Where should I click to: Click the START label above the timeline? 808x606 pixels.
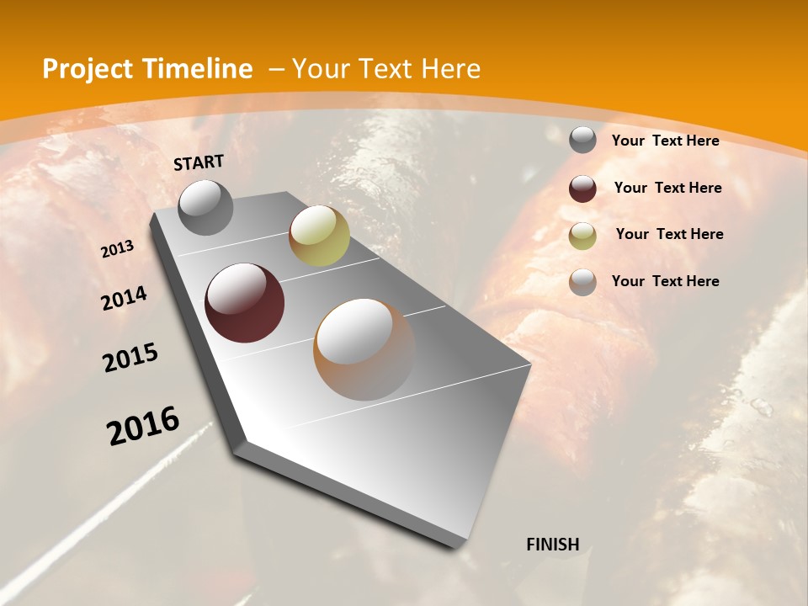199,162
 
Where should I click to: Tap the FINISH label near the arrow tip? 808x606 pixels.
553,545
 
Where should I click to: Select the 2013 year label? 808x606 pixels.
118,249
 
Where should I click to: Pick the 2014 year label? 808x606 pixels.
125,299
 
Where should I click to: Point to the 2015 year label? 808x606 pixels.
130,358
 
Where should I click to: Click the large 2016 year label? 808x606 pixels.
143,426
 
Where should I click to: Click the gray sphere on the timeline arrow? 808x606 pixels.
205,207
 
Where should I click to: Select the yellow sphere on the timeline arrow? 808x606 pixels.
319,236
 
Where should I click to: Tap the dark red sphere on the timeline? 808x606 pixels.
245,303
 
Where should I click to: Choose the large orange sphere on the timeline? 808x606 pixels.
364,349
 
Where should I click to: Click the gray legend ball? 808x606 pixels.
582,141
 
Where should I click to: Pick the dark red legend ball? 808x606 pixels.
582,189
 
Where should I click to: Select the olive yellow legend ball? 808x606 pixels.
582,236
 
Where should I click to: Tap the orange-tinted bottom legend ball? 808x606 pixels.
582,282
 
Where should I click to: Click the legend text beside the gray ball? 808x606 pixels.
666,141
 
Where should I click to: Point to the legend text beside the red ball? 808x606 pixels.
667,188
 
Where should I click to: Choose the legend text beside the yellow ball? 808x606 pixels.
669,234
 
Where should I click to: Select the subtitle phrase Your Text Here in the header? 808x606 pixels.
386,69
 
